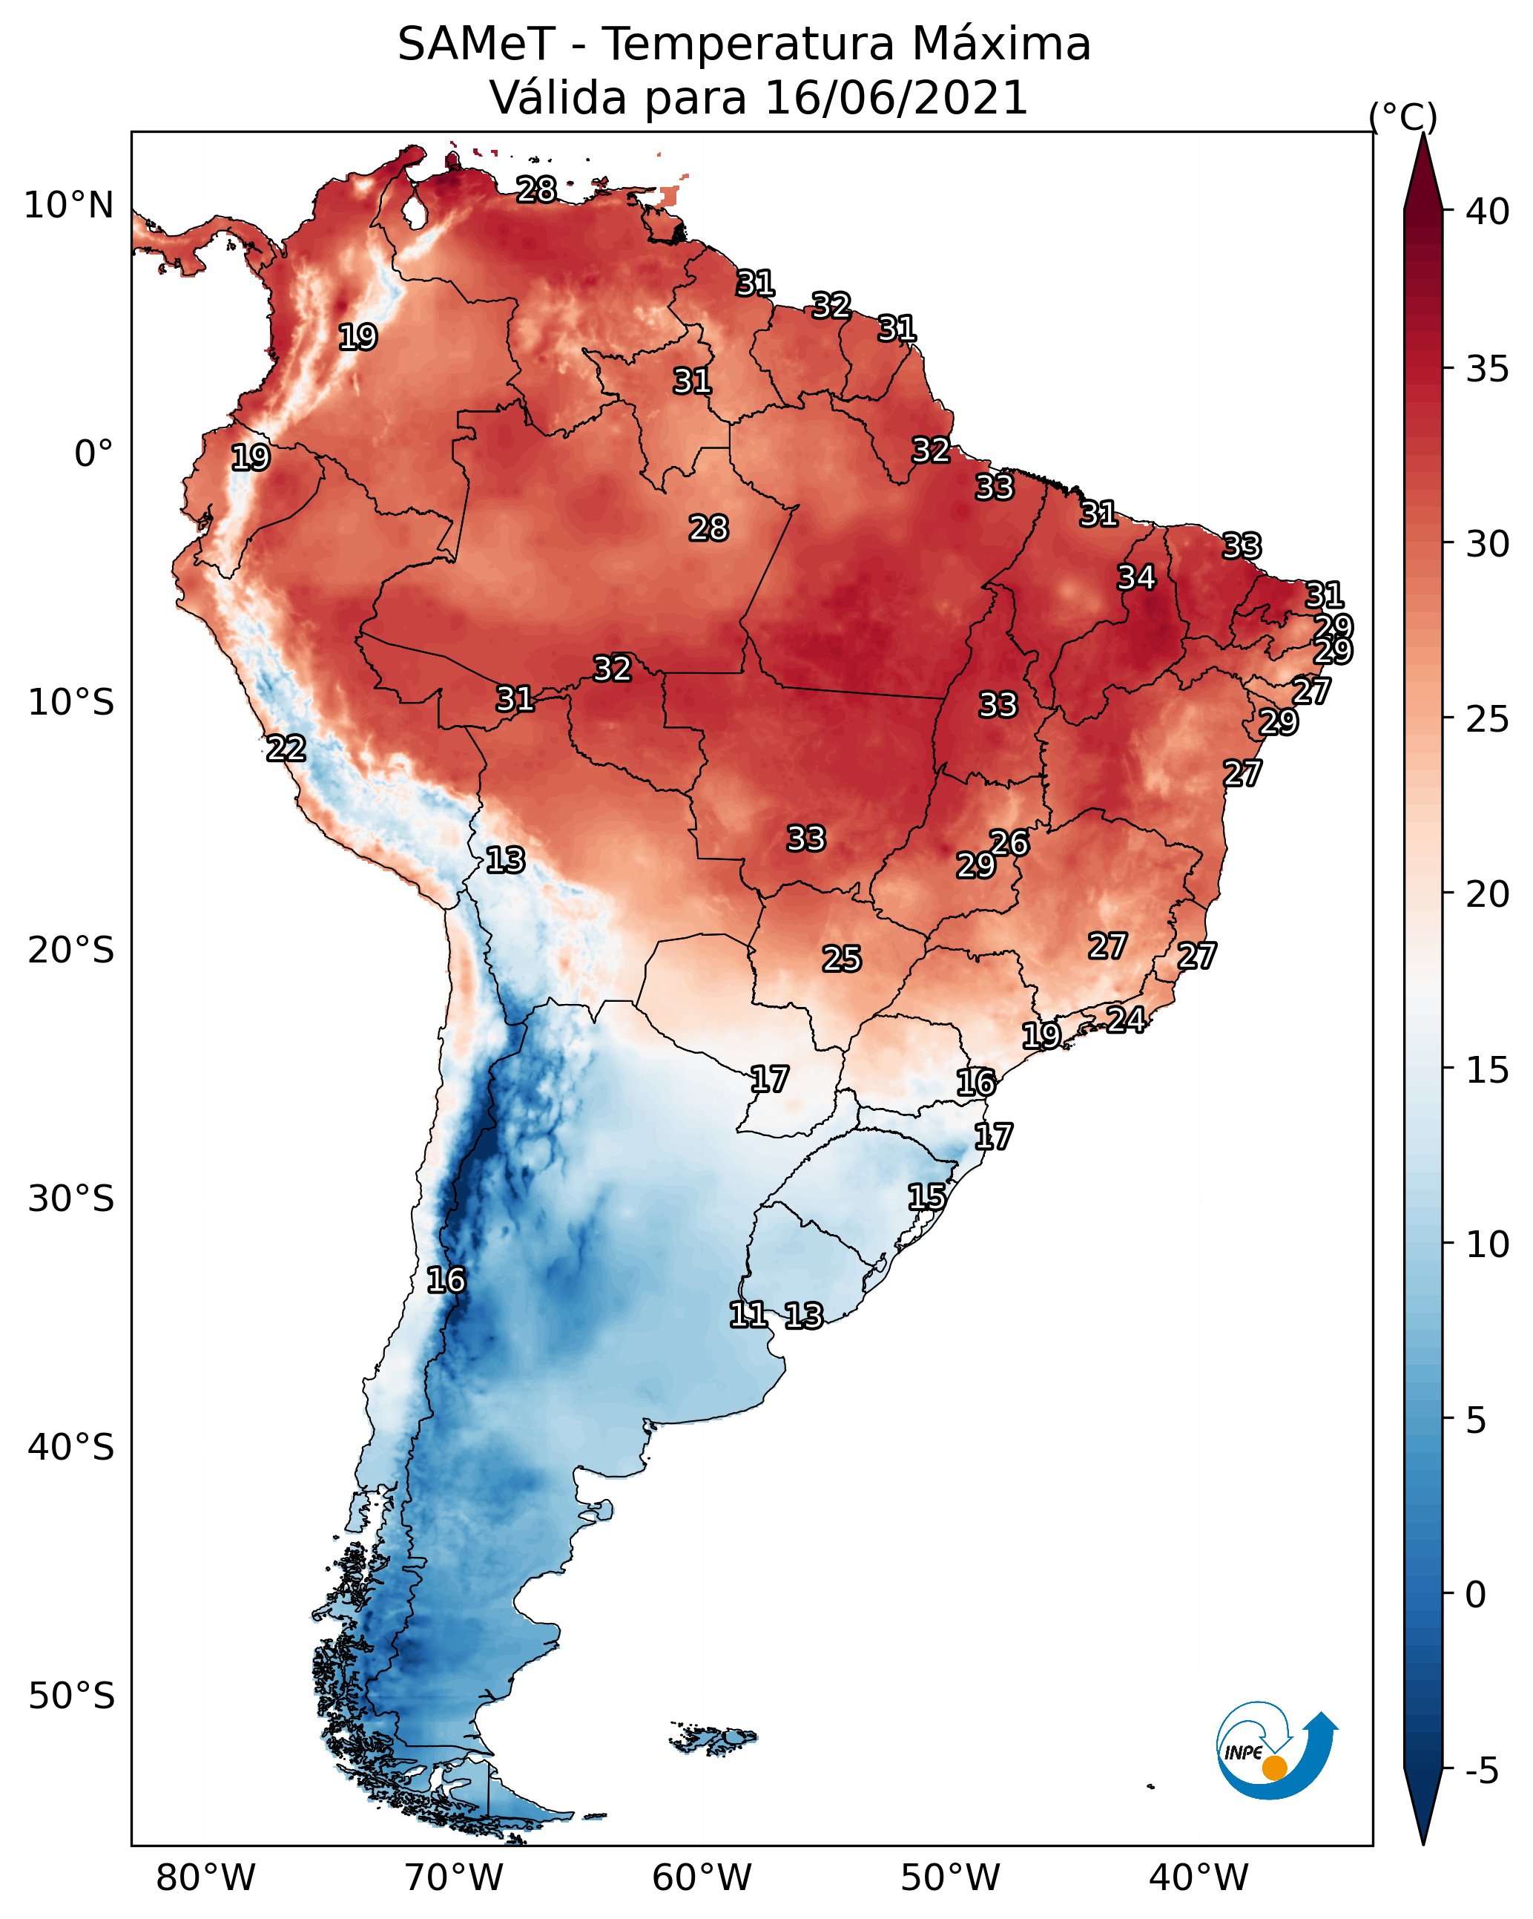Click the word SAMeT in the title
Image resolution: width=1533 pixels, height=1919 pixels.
click(x=476, y=45)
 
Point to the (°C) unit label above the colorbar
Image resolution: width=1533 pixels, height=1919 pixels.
click(x=1402, y=117)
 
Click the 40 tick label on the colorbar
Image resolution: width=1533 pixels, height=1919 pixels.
click(x=1487, y=211)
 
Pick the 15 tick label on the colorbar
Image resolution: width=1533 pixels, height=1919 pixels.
click(x=1487, y=1070)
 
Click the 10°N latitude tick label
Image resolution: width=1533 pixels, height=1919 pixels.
click(x=70, y=206)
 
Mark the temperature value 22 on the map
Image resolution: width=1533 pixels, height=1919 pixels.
click(x=286, y=749)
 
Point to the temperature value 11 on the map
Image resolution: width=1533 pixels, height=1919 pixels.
click(x=748, y=1315)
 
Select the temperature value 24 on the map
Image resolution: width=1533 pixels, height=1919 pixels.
click(x=1126, y=1019)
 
